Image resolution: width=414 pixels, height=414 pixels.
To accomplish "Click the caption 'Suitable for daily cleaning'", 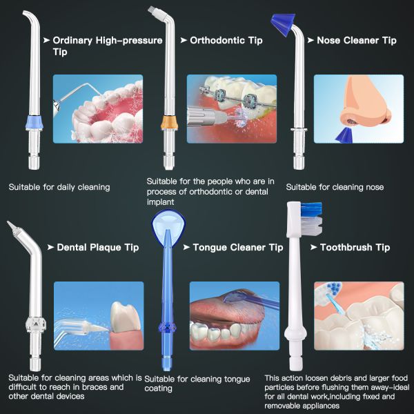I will click(59, 187).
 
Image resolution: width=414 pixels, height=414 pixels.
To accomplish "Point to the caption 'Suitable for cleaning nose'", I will click(335, 187).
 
